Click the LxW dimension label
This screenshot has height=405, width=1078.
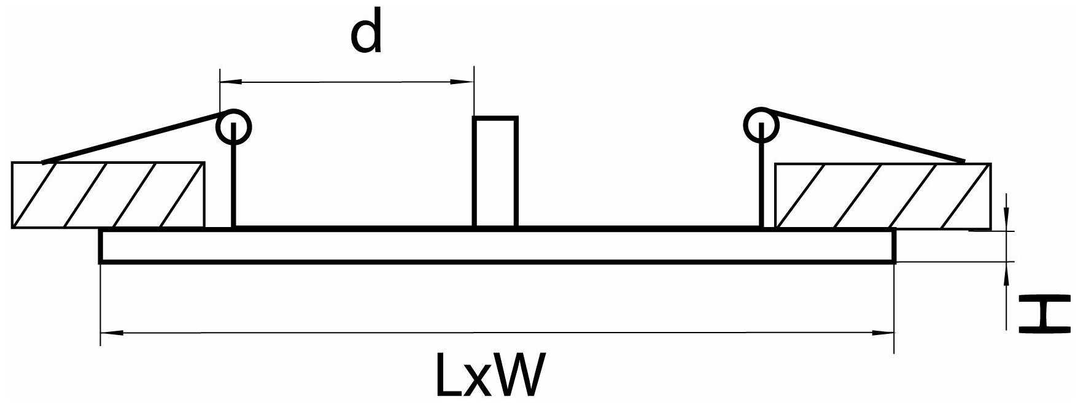[489, 375]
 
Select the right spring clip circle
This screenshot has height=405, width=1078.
[762, 125]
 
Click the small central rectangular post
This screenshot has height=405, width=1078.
[495, 172]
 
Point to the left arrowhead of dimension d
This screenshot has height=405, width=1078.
[230, 81]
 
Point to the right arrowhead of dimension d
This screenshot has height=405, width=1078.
[463, 81]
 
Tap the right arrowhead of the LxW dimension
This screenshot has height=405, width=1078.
[883, 333]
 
